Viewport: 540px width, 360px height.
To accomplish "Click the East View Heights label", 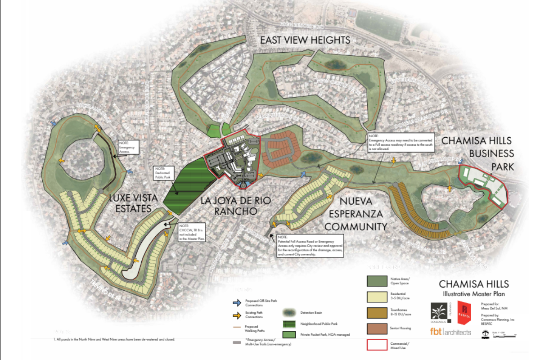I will click(x=305, y=40).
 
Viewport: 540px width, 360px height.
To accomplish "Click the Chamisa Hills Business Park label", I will click(x=477, y=153).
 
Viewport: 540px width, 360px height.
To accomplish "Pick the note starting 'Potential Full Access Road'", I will click(x=310, y=245).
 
